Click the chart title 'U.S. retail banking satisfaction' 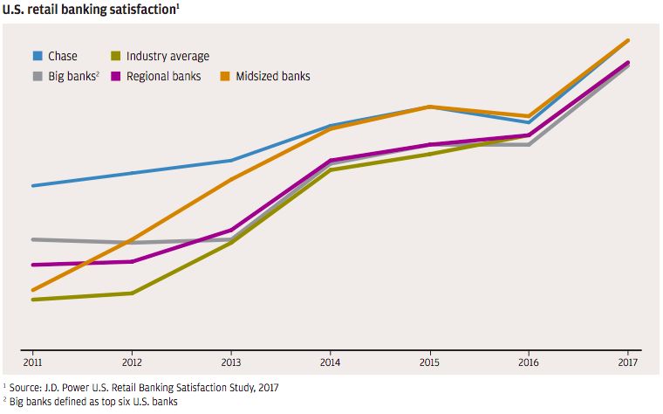point(89,10)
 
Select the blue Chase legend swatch point(38,56)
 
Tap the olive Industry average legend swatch point(116,56)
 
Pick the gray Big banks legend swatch point(38,76)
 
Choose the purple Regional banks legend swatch point(116,76)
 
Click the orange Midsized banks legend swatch point(225,76)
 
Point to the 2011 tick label point(32,362)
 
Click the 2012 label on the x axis point(132,362)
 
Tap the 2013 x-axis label point(231,362)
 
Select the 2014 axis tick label point(331,362)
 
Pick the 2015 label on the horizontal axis point(429,362)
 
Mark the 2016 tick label point(529,362)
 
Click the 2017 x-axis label point(628,362)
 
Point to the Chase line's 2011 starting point point(33,186)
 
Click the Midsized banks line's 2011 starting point point(33,290)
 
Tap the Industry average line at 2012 point(132,293)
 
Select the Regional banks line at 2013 point(231,230)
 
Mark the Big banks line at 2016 point(529,145)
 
